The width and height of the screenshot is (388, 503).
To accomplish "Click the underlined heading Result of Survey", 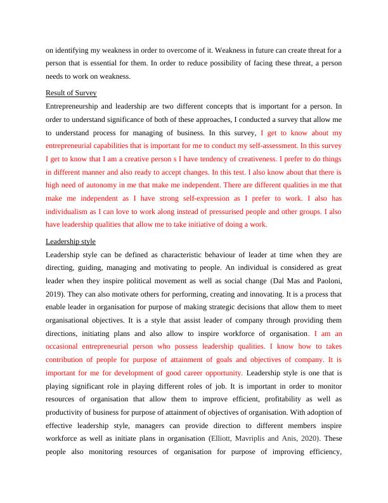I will coord(71,93).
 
